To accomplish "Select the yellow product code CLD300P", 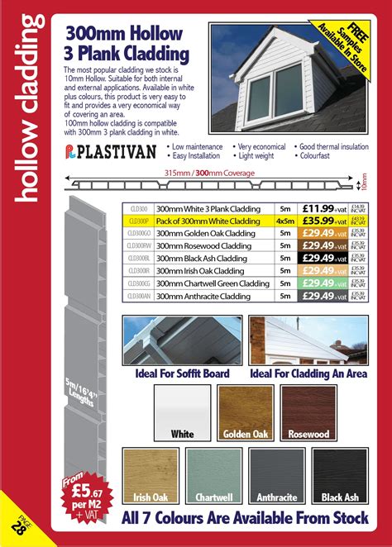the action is [138, 221].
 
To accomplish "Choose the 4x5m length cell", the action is [285, 221].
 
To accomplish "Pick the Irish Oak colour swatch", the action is [150, 474].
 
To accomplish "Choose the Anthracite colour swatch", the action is [276, 474].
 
